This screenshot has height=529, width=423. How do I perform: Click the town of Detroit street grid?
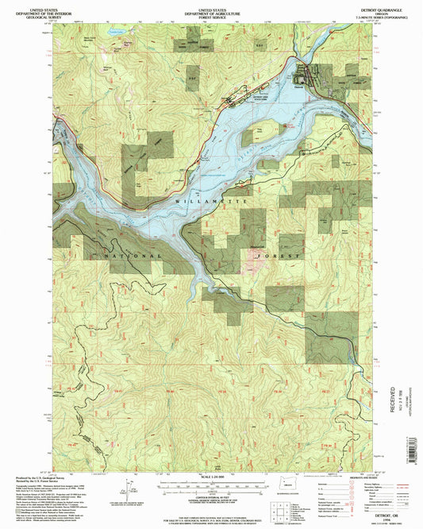(306, 76)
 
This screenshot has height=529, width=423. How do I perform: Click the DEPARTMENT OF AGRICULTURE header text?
(211, 9)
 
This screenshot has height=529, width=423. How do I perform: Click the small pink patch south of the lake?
(258, 257)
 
